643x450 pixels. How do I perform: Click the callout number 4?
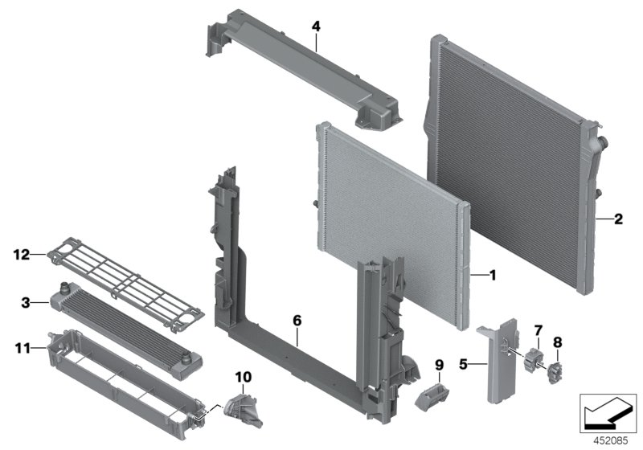pyautogui.click(x=316, y=27)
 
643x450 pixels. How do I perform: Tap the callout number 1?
pyautogui.click(x=493, y=275)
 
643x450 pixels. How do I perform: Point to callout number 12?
pyautogui.click(x=20, y=255)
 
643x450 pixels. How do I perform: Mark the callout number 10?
pyautogui.click(x=244, y=376)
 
